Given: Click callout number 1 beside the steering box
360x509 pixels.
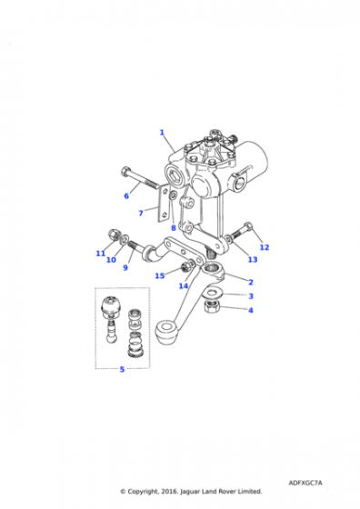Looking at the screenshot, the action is [x=162, y=133].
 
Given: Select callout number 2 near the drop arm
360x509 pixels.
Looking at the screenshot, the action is [x=251, y=282].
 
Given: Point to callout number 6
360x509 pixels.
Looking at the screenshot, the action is [x=126, y=195].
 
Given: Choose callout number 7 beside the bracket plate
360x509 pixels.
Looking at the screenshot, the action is [x=141, y=213].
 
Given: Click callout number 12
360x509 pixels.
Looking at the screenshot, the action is [x=265, y=247].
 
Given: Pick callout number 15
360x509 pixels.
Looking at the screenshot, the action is [x=159, y=275].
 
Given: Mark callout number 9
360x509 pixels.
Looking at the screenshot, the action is [x=125, y=267].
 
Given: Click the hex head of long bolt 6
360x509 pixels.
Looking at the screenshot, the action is [x=125, y=171].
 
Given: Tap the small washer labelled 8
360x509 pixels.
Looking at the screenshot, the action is [x=173, y=195].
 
